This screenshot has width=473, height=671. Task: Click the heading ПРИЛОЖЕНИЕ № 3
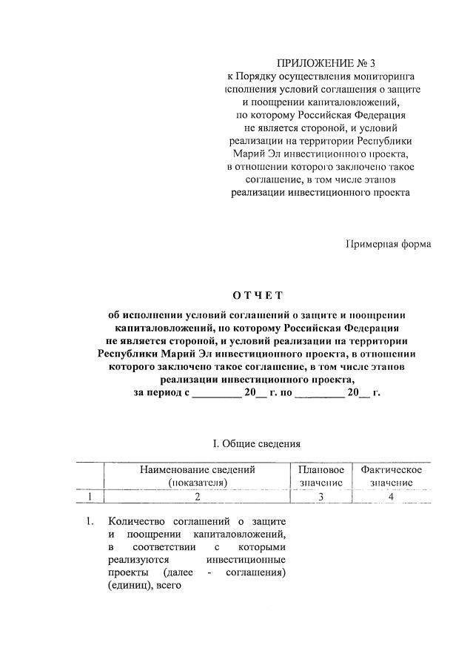321,62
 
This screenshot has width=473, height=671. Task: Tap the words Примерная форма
389,244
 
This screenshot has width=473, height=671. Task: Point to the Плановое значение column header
321,476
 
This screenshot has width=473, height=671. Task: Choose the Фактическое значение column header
391,476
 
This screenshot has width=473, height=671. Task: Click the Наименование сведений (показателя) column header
197,476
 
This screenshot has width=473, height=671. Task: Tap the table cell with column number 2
197,497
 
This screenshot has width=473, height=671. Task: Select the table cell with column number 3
321,497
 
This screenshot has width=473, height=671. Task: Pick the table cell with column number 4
391,497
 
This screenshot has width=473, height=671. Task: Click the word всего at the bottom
168,586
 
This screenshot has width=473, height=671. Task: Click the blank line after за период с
216,394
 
